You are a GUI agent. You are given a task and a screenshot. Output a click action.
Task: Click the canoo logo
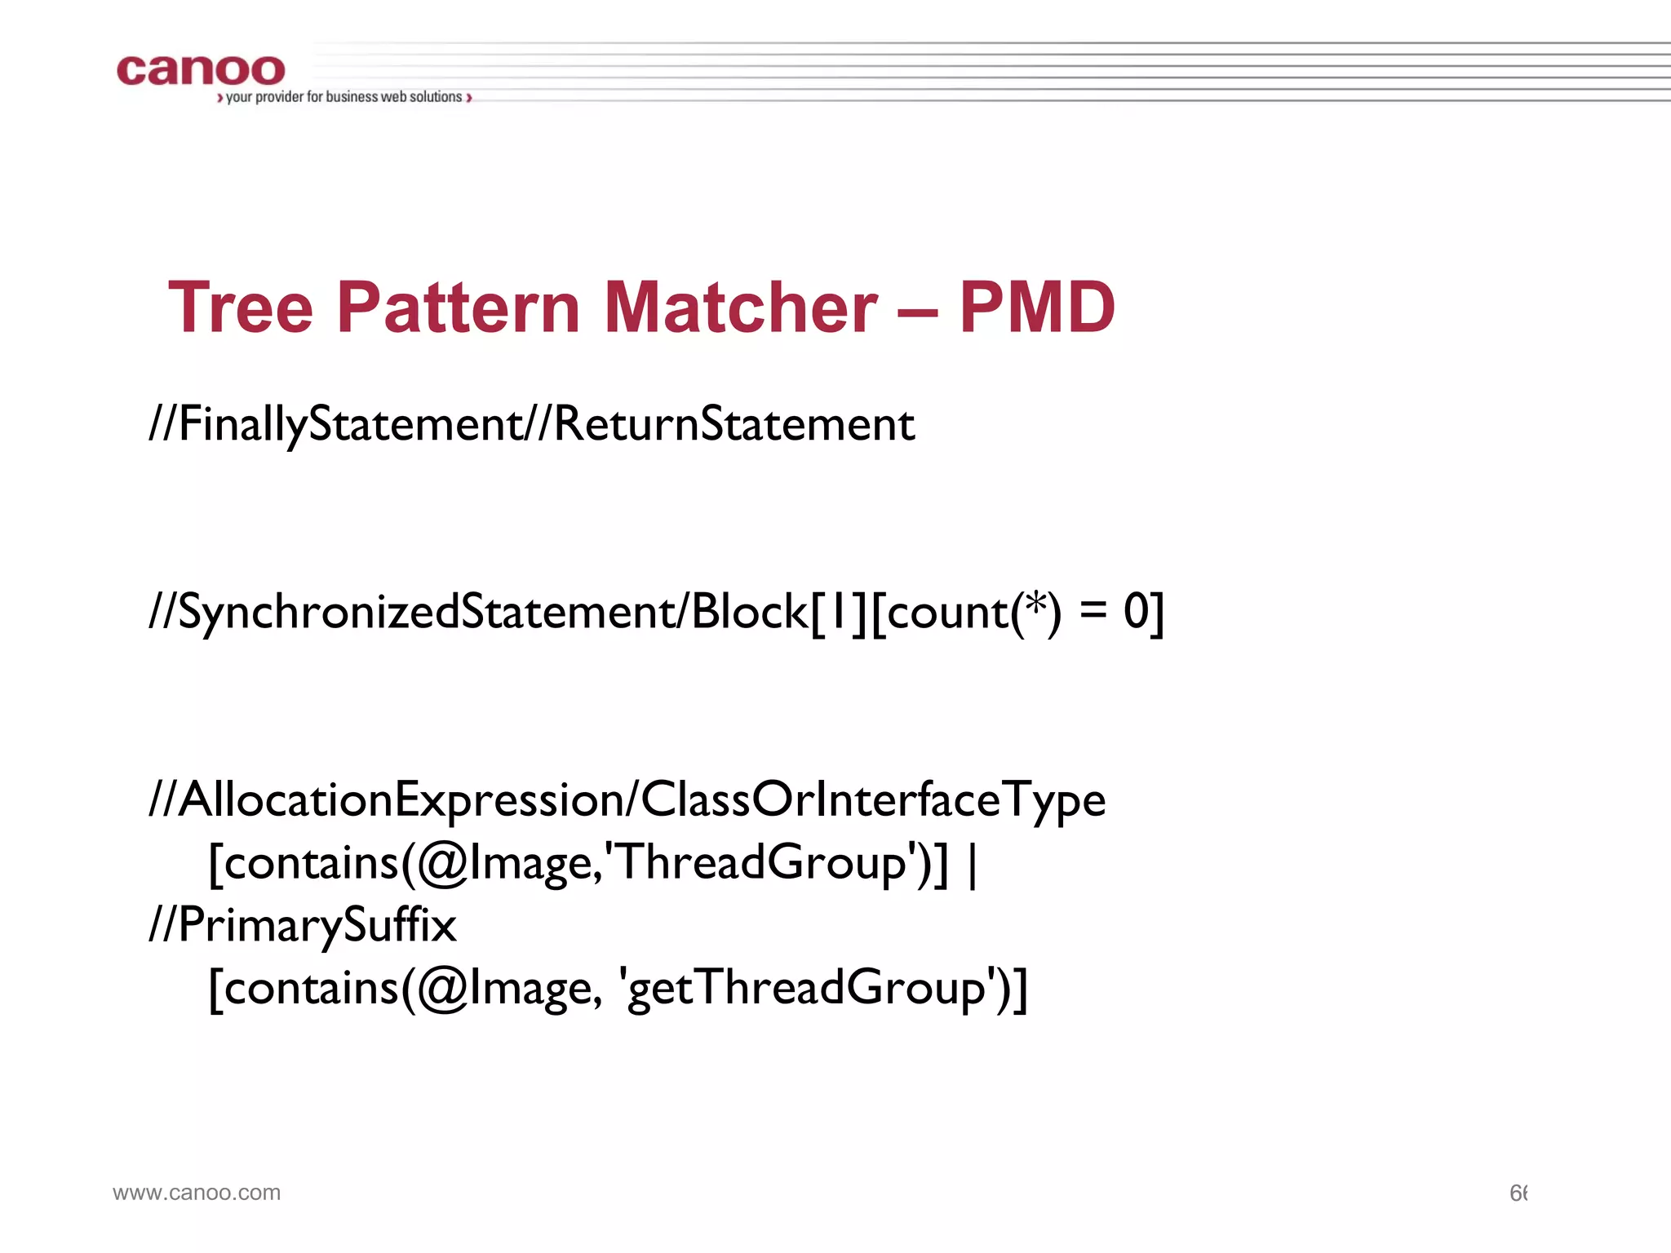pyautogui.click(x=201, y=71)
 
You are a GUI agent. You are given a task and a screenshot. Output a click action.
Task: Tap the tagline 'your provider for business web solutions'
pyautogui.click(x=344, y=97)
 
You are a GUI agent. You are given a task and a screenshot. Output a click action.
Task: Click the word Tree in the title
pyautogui.click(x=241, y=308)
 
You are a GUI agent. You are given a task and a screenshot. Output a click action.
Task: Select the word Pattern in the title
pyautogui.click(x=458, y=308)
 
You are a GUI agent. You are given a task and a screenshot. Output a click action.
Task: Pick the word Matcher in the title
pyautogui.click(x=740, y=308)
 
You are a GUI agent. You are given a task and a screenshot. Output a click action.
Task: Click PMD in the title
pyautogui.click(x=1036, y=308)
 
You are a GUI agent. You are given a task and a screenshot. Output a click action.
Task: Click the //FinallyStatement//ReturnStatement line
pyautogui.click(x=531, y=424)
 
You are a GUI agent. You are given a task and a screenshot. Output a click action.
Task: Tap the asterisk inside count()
pyautogui.click(x=1035, y=606)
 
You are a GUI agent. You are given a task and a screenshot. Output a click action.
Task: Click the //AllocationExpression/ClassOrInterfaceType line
pyautogui.click(x=627, y=799)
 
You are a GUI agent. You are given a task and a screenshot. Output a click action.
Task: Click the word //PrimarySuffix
pyautogui.click(x=302, y=926)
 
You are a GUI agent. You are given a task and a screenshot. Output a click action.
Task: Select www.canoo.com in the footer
pyautogui.click(x=197, y=1193)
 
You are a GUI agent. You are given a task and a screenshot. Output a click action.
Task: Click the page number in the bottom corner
pyautogui.click(x=1518, y=1193)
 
